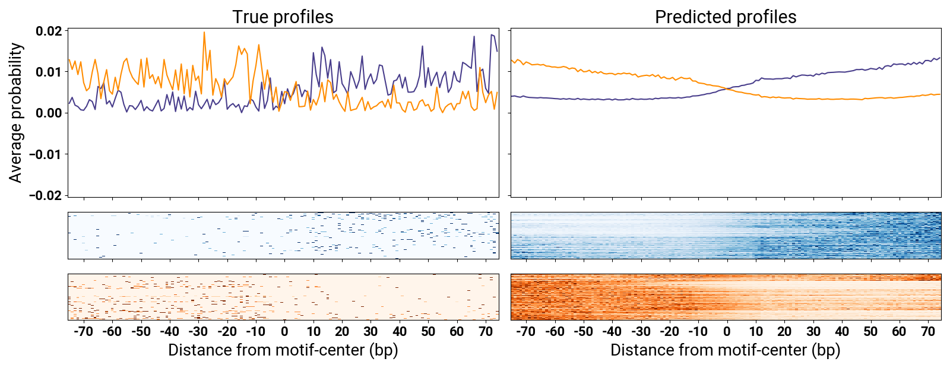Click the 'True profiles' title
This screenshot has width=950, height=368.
[x=283, y=17]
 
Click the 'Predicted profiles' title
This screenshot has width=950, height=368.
[x=726, y=17]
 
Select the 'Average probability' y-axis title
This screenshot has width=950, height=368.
[x=16, y=112]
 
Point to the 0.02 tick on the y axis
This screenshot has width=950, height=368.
[x=49, y=31]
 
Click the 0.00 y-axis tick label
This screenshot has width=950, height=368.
[x=49, y=113]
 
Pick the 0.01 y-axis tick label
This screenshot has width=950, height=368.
[x=49, y=72]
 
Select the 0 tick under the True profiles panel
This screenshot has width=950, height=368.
[x=284, y=331]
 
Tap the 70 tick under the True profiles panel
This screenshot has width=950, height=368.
[x=486, y=331]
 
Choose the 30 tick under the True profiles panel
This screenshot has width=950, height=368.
[x=370, y=331]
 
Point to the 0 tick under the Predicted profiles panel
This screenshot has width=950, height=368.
[x=727, y=331]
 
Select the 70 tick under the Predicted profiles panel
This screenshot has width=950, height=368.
[x=928, y=331]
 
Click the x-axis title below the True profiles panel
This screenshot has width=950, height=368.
[x=283, y=350]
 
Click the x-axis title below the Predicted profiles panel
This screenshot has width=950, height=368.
[x=726, y=350]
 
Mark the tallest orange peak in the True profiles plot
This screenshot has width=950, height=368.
[x=204, y=33]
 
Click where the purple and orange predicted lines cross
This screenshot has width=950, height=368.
[x=727, y=89]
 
